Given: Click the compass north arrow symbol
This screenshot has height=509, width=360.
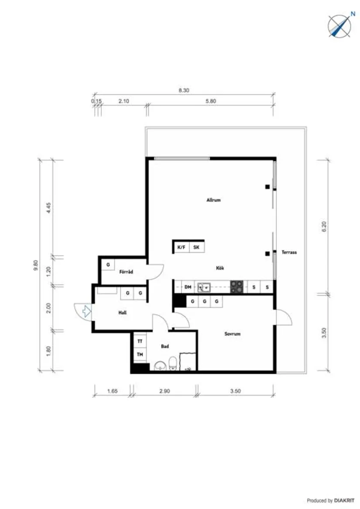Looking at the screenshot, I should (340, 25).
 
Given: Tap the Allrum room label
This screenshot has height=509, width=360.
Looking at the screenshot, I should (213, 200).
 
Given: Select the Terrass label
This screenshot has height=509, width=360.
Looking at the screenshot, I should (289, 252).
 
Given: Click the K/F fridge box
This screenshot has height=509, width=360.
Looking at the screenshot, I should (181, 247).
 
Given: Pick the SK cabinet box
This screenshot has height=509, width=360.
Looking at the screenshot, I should (196, 247).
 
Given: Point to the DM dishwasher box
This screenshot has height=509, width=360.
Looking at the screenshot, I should (188, 287).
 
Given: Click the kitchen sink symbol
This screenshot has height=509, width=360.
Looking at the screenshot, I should (204, 287).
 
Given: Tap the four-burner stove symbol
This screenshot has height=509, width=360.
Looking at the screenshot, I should (237, 287).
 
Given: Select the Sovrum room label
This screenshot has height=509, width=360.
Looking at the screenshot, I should (232, 334).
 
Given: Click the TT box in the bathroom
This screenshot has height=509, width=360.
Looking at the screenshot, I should (140, 341).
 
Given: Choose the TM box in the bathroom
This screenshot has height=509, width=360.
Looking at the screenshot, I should (140, 355).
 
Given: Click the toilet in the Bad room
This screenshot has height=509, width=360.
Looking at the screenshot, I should (173, 363).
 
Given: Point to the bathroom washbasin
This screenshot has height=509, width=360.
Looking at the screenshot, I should (160, 366).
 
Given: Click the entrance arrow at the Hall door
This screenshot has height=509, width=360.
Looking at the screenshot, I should (86, 311).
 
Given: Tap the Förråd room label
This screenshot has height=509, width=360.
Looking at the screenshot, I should (126, 272).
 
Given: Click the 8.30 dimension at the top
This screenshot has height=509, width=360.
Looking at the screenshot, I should (184, 90).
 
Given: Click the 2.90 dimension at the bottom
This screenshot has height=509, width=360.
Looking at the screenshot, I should (164, 391).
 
